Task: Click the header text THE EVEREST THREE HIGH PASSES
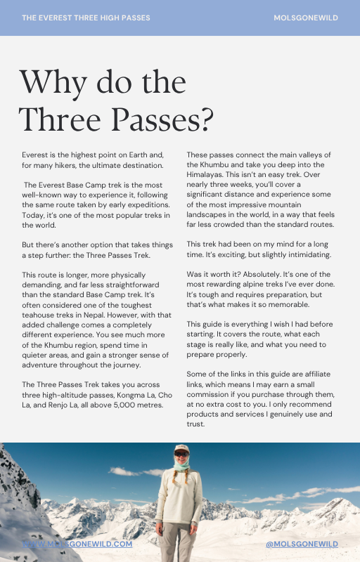point(86,18)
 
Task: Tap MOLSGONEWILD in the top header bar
point(306,18)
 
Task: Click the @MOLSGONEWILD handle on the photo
point(302,544)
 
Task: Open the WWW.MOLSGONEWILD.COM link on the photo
point(77,544)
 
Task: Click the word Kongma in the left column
point(131,395)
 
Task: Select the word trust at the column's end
point(195,424)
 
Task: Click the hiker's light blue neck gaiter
point(181,466)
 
